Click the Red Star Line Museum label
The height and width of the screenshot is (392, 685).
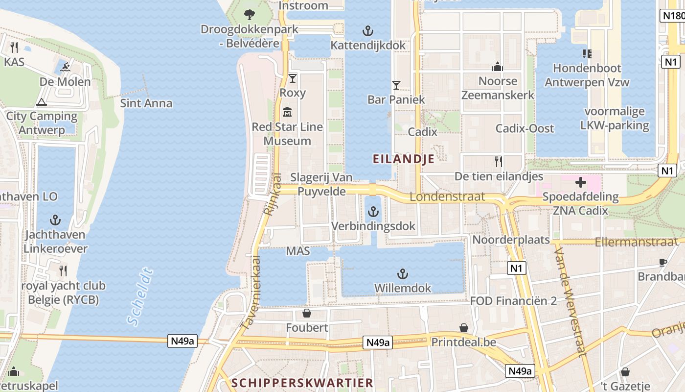(287, 134)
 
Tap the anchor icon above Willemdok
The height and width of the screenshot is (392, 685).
(402, 273)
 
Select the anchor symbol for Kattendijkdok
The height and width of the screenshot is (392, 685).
(367, 31)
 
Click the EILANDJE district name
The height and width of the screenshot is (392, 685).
(404, 159)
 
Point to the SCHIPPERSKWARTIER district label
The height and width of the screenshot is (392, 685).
(302, 383)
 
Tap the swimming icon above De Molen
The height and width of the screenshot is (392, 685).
(66, 67)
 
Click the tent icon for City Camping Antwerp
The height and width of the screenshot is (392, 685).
(42, 102)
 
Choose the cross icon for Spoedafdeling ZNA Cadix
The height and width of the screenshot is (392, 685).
(580, 183)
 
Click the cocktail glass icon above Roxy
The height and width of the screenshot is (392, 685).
(293, 78)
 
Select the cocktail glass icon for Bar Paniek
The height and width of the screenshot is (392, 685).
(396, 85)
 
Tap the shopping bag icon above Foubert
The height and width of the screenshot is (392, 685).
(307, 313)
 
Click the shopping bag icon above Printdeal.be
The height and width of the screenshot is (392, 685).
(463, 327)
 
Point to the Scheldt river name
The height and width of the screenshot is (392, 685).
(140, 296)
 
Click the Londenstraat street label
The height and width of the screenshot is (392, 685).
(447, 197)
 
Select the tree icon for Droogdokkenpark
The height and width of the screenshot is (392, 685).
(250, 14)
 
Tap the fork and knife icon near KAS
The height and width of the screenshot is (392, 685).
(14, 48)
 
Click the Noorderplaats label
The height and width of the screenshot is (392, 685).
(511, 240)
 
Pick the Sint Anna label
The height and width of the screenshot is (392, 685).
(146, 103)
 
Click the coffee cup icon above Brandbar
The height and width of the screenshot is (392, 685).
(663, 262)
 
